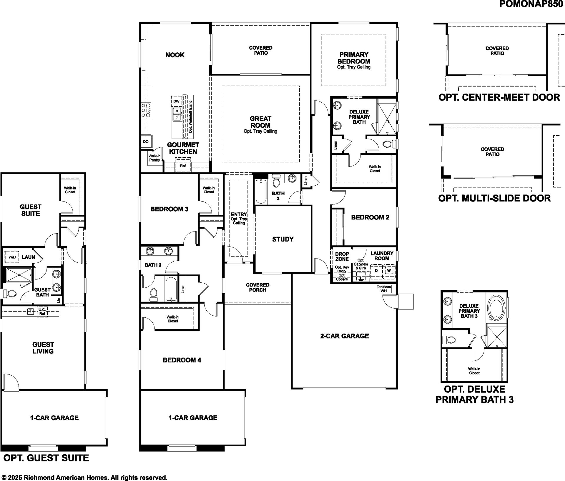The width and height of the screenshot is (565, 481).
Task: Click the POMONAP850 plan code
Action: pyautogui.click(x=531, y=4)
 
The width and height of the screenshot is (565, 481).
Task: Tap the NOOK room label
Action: pyautogui.click(x=175, y=55)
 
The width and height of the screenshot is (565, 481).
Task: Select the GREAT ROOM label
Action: pyautogui.click(x=260, y=122)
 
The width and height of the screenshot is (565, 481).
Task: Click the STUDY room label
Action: pyautogui.click(x=283, y=239)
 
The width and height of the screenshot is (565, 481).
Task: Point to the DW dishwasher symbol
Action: pyautogui.click(x=176, y=101)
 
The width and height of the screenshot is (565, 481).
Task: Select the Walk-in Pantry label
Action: pyautogui.click(x=154, y=158)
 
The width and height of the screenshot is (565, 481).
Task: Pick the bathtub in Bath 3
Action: pyautogui.click(x=261, y=191)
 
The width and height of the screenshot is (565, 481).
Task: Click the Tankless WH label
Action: pyautogui.click(x=384, y=289)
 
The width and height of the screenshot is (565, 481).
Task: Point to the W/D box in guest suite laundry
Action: pyautogui.click(x=12, y=257)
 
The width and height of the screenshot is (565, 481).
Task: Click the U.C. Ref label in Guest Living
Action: pyautogui.click(x=42, y=312)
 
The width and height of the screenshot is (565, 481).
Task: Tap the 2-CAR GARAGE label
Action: pyautogui.click(x=344, y=336)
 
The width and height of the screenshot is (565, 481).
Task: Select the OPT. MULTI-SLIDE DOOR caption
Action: pyautogui.click(x=494, y=198)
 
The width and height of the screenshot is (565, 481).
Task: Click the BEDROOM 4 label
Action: pyautogui.click(x=182, y=360)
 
